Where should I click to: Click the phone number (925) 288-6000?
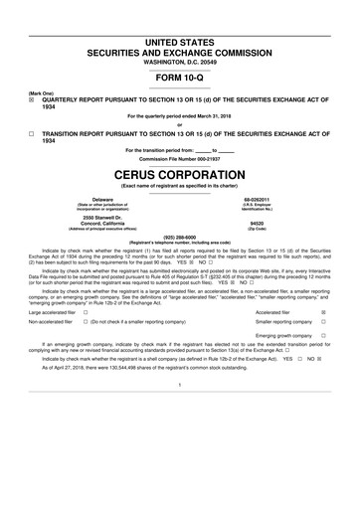180,238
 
